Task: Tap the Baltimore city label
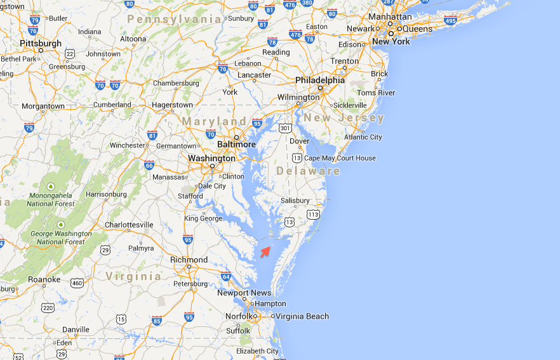(x=236, y=144)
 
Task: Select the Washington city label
(x=211, y=158)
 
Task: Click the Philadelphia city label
(x=320, y=81)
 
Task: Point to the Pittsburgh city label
(x=41, y=43)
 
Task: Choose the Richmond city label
(x=189, y=260)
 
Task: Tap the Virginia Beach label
(x=302, y=316)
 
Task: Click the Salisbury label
(x=295, y=201)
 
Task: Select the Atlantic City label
(x=363, y=137)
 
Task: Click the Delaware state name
(x=308, y=171)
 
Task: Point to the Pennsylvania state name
(x=174, y=20)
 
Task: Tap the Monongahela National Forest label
(x=50, y=199)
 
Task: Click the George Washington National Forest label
(x=60, y=237)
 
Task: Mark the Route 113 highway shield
(x=313, y=215)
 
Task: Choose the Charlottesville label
(x=129, y=225)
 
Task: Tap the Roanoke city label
(x=44, y=279)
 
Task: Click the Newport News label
(x=244, y=293)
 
